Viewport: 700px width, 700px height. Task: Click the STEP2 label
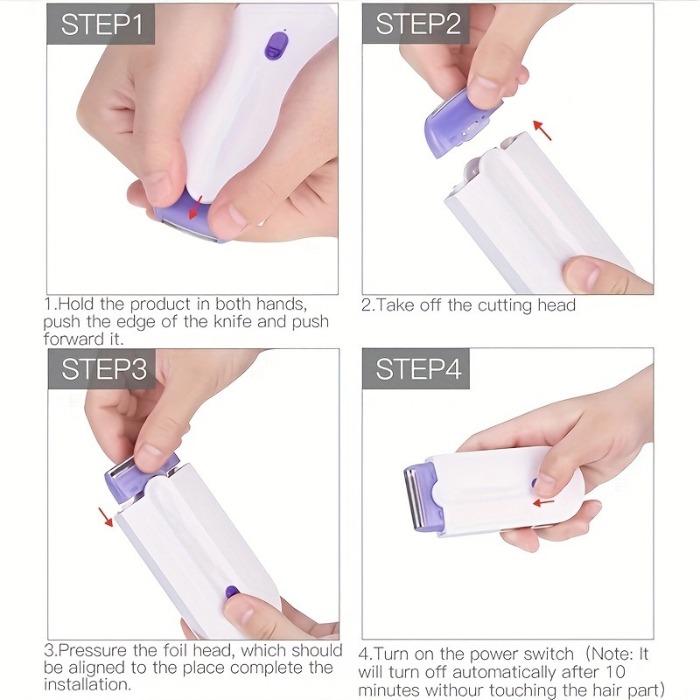click(416, 24)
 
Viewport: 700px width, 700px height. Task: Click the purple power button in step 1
click(276, 45)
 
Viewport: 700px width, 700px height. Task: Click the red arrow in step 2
click(543, 131)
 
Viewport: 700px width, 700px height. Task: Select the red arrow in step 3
click(105, 516)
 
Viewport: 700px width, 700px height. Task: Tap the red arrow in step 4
click(544, 502)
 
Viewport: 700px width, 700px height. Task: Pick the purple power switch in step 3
click(233, 592)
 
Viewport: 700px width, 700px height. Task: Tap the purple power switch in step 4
click(534, 481)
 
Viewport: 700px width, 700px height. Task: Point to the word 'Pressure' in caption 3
click(95, 650)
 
